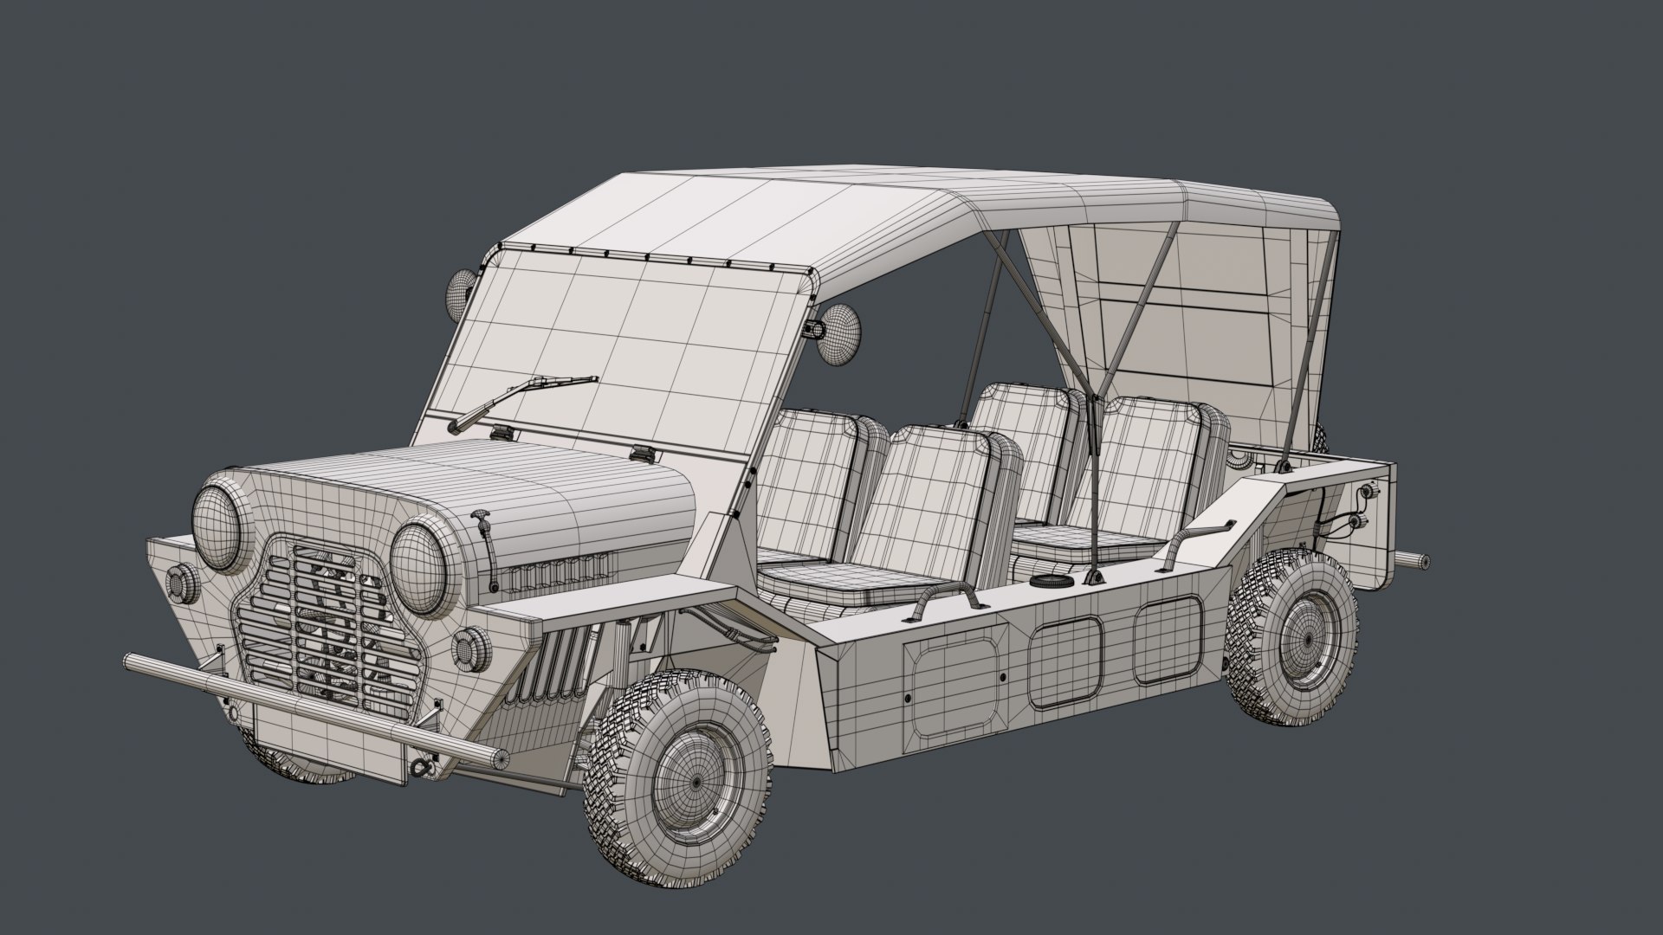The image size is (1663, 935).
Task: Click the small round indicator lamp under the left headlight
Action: point(184,585)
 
